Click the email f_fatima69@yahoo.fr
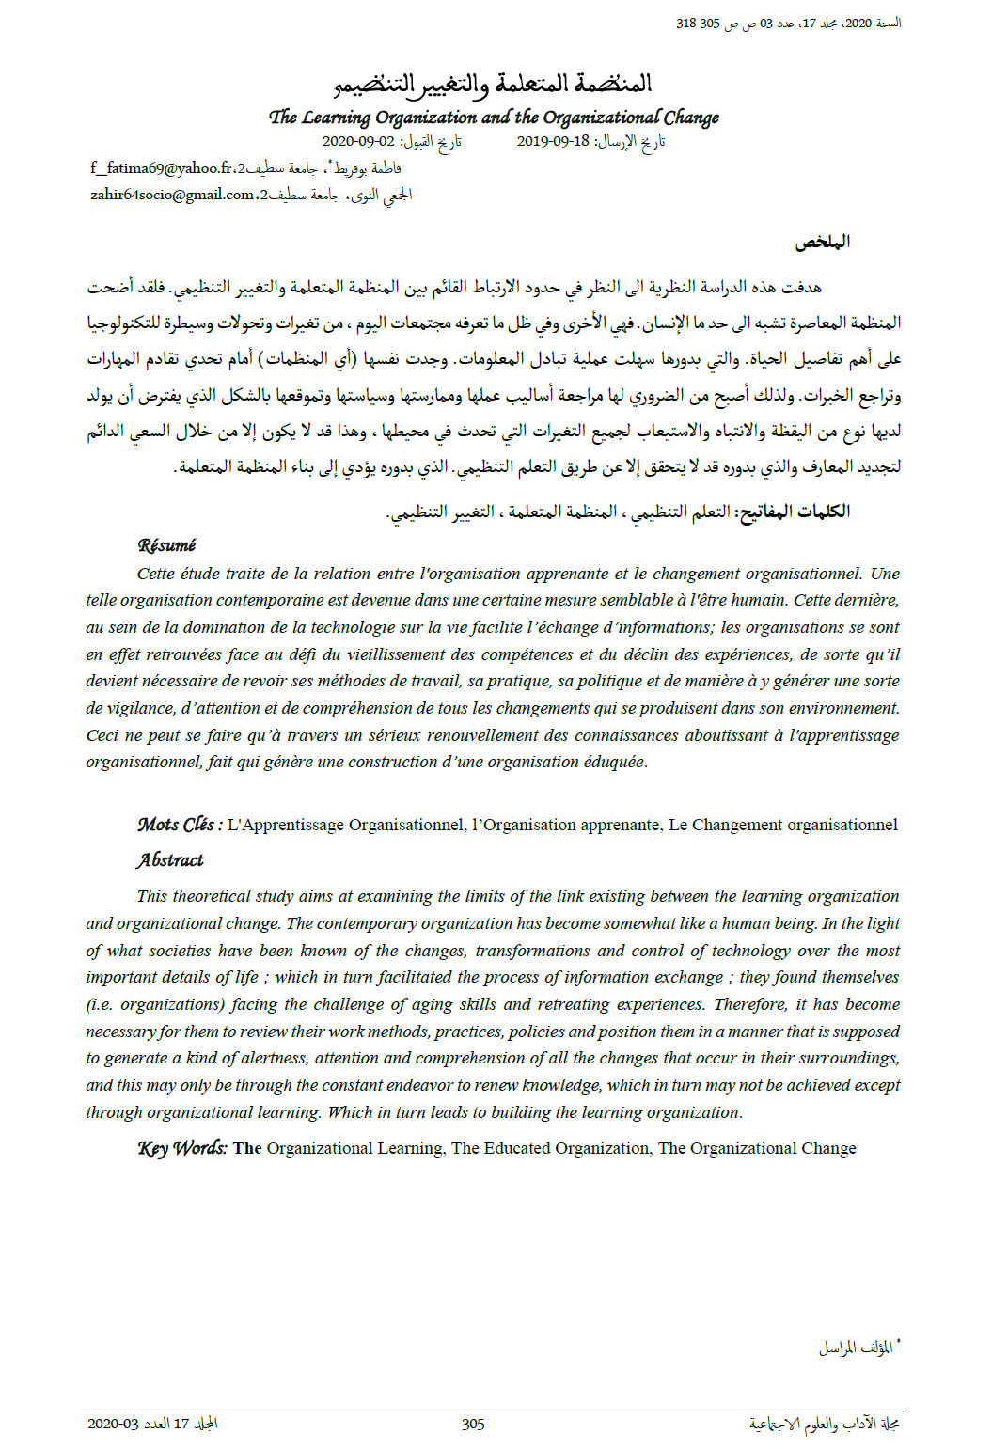[x=161, y=168]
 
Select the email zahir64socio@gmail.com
[x=172, y=195]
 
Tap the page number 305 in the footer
[x=473, y=1424]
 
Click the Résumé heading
[x=166, y=545]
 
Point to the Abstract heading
[x=169, y=859]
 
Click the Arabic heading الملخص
[x=822, y=242]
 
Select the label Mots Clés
[x=179, y=825]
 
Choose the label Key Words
[x=181, y=1148]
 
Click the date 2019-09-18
[x=553, y=141]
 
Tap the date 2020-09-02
[x=358, y=141]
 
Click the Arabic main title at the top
[x=493, y=85]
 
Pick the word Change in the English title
[x=691, y=118]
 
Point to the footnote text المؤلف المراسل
[x=855, y=1347]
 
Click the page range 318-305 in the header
[x=697, y=24]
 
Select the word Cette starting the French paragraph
[x=156, y=574]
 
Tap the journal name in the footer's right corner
[x=824, y=1424]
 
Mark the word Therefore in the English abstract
[x=749, y=1004]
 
